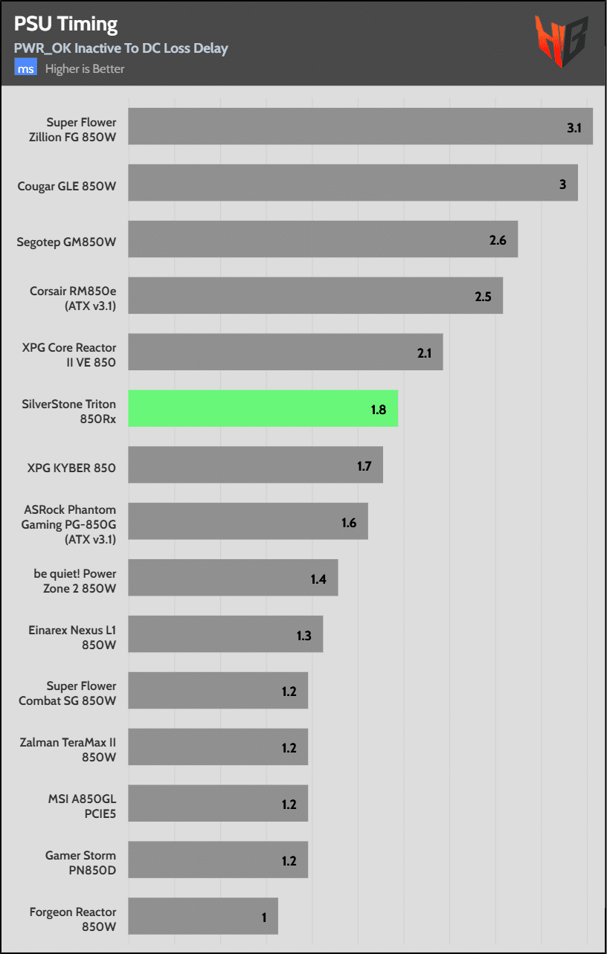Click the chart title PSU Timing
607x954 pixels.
click(65, 24)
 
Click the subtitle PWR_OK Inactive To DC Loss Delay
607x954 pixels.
click(121, 48)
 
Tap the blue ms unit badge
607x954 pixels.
click(26, 69)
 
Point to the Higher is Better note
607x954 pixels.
click(85, 69)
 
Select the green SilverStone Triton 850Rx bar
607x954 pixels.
click(263, 408)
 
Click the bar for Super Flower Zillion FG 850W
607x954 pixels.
click(360, 126)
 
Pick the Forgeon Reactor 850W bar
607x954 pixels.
click(202, 916)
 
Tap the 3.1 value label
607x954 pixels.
click(574, 128)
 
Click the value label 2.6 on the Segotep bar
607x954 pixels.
click(498, 240)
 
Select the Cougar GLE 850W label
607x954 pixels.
click(67, 186)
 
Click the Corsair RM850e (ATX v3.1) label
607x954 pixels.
click(73, 298)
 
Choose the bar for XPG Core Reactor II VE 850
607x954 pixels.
click(285, 352)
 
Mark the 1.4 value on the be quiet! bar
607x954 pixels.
click(318, 579)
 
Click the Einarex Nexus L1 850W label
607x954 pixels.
click(73, 637)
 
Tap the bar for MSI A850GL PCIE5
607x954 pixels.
click(217, 803)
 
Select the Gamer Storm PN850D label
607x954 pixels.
click(80, 863)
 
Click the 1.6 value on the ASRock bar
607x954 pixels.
click(349, 523)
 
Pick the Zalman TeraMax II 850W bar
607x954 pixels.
click(217, 747)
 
